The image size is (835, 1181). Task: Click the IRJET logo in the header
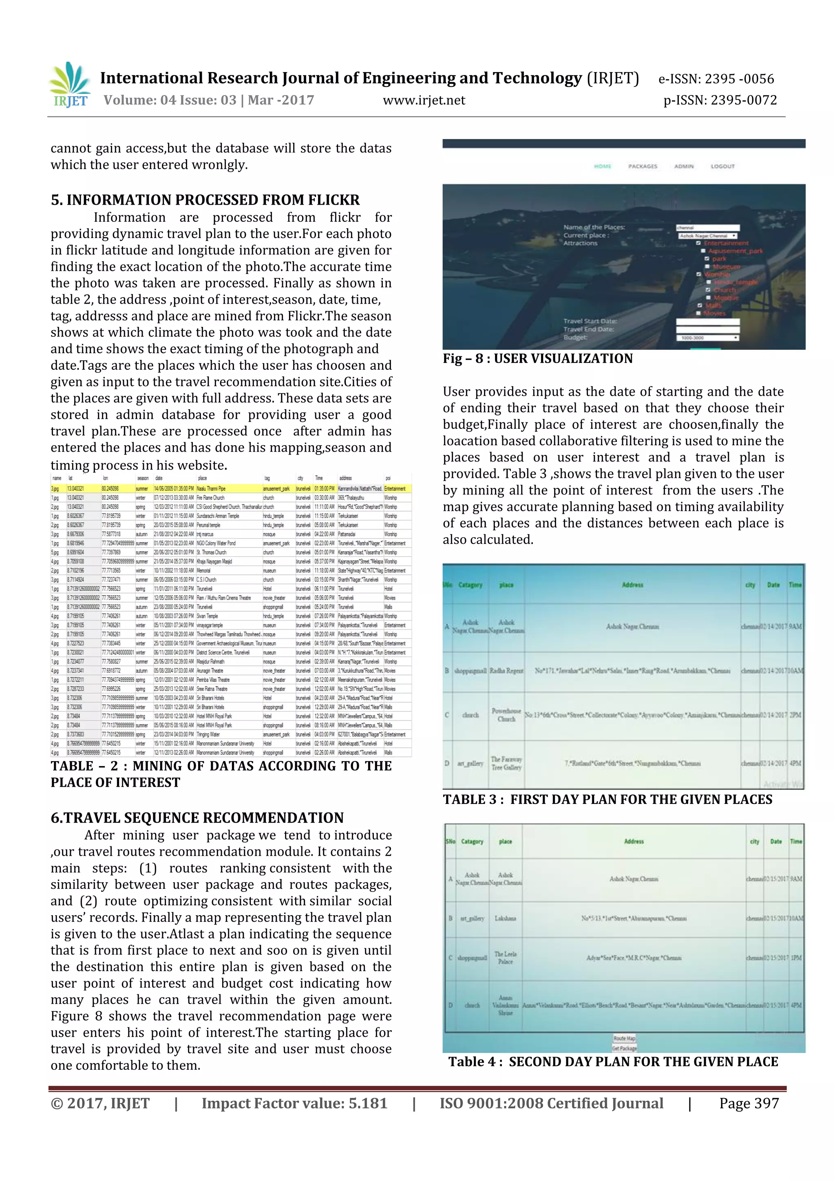pyautogui.click(x=69, y=85)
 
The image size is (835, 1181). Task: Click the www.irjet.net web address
pyautogui.click(x=424, y=100)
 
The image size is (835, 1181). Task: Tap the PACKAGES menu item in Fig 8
pyautogui.click(x=643, y=166)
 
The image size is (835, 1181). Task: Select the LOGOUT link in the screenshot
pyautogui.click(x=722, y=166)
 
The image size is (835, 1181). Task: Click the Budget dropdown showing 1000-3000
pyautogui.click(x=707, y=338)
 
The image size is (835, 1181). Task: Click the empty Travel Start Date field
pyautogui.click(x=707, y=322)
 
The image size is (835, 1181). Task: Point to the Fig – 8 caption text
pyautogui.click(x=538, y=358)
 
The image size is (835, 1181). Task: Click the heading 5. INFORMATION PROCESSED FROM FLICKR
pyautogui.click(x=205, y=200)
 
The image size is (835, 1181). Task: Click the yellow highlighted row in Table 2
pyautogui.click(x=232, y=488)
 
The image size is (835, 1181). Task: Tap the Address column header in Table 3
pyautogui.click(x=632, y=585)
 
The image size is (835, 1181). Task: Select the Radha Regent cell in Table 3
pyautogui.click(x=506, y=671)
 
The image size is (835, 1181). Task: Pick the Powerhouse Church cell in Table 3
pyautogui.click(x=506, y=715)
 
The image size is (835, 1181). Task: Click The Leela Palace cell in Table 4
pyautogui.click(x=505, y=957)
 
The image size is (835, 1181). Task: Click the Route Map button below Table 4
pyautogui.click(x=624, y=1038)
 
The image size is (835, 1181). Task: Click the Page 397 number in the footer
pyautogui.click(x=749, y=1103)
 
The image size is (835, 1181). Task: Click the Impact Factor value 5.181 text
pyautogui.click(x=294, y=1103)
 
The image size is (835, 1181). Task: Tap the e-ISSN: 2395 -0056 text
pyautogui.click(x=716, y=79)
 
